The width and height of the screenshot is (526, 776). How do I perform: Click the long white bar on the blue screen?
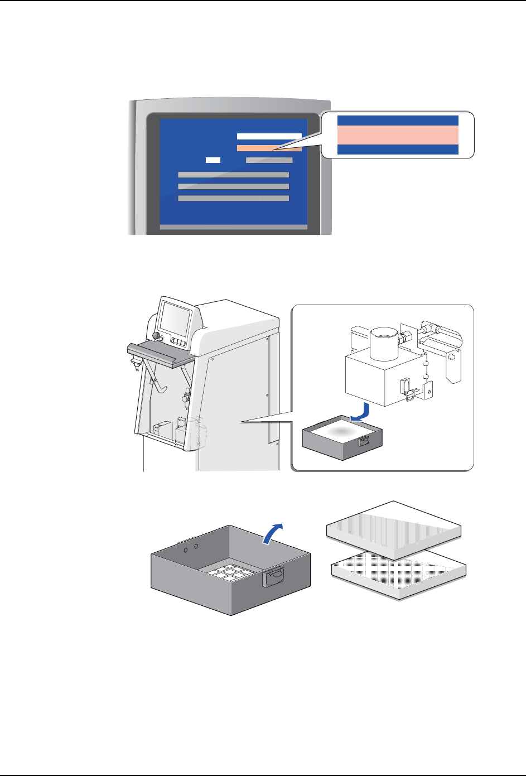[x=269, y=136]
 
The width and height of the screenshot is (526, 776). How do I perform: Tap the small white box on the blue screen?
[x=213, y=160]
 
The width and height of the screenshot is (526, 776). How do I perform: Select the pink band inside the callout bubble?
[x=398, y=134]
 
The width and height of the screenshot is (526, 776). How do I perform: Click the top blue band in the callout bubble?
[x=398, y=120]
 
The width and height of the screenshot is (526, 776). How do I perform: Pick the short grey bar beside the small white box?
[x=269, y=160]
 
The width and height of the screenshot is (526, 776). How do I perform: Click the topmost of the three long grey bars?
[x=233, y=175]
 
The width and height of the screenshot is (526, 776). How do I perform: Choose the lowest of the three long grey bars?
[x=233, y=198]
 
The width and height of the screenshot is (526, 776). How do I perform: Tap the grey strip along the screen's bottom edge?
[x=233, y=227]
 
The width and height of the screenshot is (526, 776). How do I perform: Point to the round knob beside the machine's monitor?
[x=157, y=336]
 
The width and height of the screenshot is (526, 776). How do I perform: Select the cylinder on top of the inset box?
[x=384, y=344]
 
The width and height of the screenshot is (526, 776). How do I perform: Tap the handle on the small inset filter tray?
[x=364, y=442]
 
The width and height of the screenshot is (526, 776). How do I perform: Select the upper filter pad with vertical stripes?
[x=393, y=528]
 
